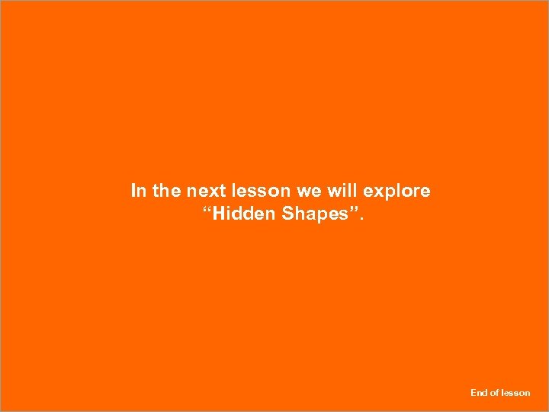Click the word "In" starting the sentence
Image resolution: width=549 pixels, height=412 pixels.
click(x=139, y=191)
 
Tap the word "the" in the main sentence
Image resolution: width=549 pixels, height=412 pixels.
click(x=166, y=191)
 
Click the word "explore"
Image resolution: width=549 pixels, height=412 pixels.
click(x=398, y=191)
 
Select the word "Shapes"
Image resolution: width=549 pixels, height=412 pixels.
click(x=313, y=214)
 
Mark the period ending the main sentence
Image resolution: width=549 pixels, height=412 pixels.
click(x=362, y=219)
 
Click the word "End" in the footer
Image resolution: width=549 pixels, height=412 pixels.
click(x=479, y=393)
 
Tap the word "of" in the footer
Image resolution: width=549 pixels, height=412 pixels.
click(x=494, y=393)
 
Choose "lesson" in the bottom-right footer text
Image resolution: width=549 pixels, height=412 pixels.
click(x=515, y=393)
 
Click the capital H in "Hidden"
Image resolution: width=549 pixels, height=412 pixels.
click(x=219, y=214)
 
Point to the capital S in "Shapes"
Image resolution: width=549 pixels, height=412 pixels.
click(x=289, y=214)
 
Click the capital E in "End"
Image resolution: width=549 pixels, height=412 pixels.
click(x=474, y=393)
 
